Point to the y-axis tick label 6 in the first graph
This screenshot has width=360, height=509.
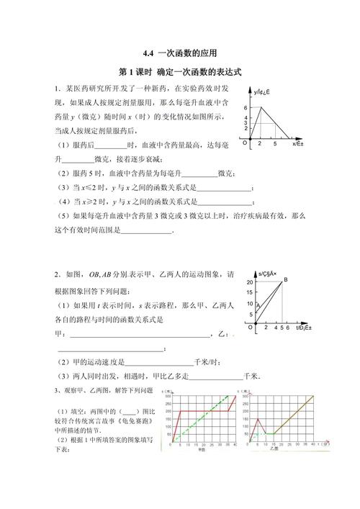246,107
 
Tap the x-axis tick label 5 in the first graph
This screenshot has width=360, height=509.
275,145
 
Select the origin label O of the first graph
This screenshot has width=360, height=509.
244,143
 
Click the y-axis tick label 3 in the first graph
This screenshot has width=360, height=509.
246,123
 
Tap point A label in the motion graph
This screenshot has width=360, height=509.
258,306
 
